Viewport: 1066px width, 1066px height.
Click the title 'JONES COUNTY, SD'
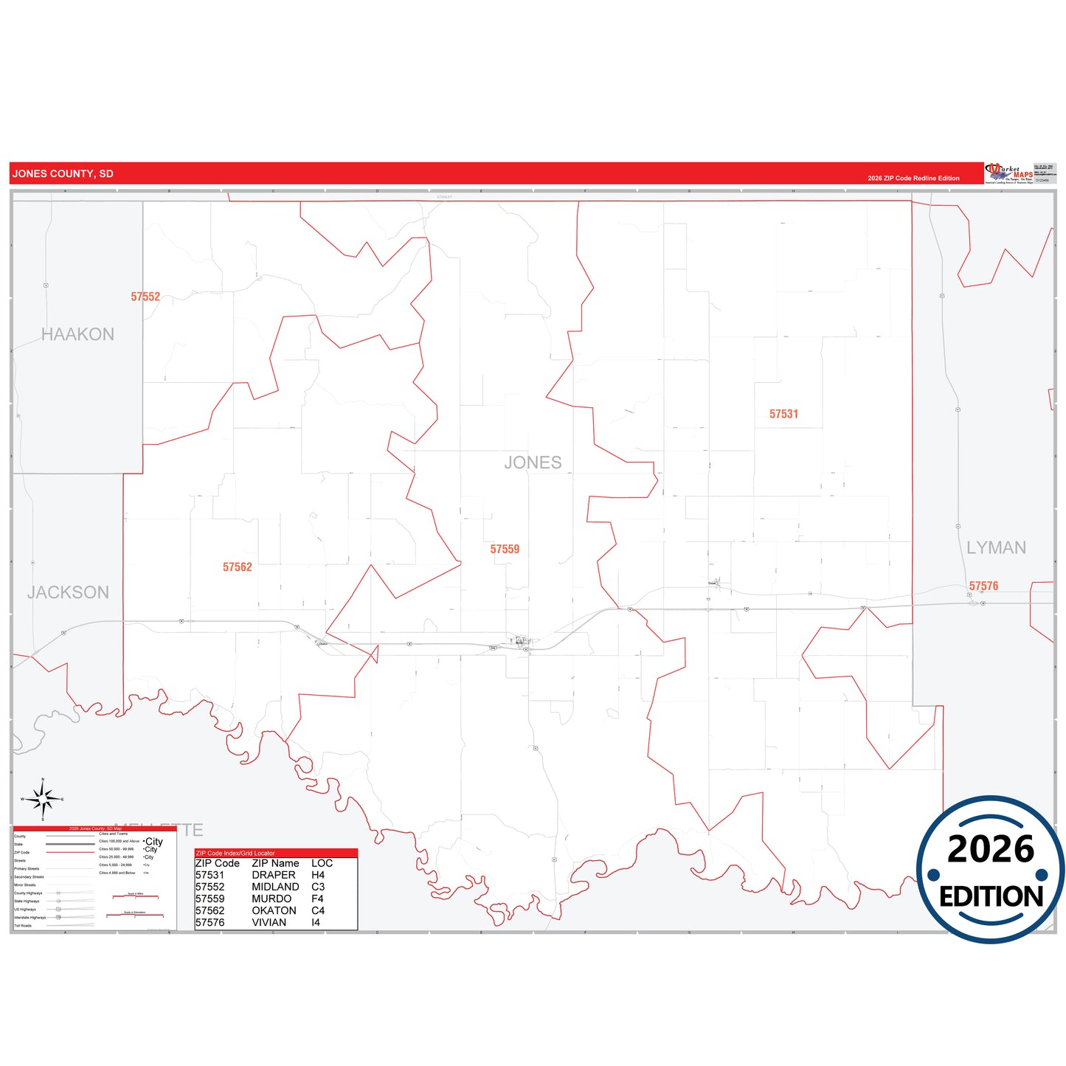coord(63,174)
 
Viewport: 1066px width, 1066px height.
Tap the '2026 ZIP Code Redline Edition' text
coord(913,179)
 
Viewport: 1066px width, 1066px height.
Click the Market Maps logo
coord(1009,173)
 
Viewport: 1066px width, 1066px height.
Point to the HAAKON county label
coord(77,335)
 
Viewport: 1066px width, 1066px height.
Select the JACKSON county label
coord(68,592)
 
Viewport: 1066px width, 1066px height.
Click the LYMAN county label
coord(996,547)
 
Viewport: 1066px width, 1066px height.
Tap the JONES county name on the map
coord(533,463)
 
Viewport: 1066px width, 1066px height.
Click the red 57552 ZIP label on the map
coord(145,297)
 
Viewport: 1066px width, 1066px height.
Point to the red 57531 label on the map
coord(783,415)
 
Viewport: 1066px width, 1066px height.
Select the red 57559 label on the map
coord(505,550)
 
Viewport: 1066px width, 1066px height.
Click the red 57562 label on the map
coord(237,567)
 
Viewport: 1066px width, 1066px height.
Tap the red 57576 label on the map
coord(983,586)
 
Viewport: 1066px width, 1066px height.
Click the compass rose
coord(43,799)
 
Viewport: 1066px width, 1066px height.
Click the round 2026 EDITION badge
coord(990,869)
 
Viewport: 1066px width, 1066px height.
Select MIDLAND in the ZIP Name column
coord(275,887)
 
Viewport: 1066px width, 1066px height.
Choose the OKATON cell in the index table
coord(274,910)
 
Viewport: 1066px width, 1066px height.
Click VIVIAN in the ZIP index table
coord(269,922)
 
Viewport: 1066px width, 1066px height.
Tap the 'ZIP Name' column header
coord(275,863)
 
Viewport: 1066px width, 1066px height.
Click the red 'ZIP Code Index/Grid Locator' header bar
coord(276,853)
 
